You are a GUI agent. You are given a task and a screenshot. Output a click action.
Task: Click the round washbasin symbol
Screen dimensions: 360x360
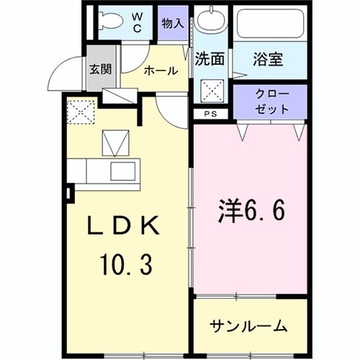(x=210, y=22)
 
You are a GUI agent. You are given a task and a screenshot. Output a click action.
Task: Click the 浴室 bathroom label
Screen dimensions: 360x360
(x=270, y=60)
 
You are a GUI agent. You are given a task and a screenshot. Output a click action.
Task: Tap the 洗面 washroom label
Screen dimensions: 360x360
(x=210, y=61)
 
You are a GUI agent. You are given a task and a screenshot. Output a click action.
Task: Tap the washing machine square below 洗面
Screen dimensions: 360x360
(x=212, y=91)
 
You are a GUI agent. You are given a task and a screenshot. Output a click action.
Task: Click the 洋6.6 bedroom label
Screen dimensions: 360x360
(x=252, y=211)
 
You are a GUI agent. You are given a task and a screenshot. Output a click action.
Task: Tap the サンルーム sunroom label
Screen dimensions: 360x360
(x=248, y=326)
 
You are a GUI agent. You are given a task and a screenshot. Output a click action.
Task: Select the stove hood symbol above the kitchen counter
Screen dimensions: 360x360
(x=113, y=143)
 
